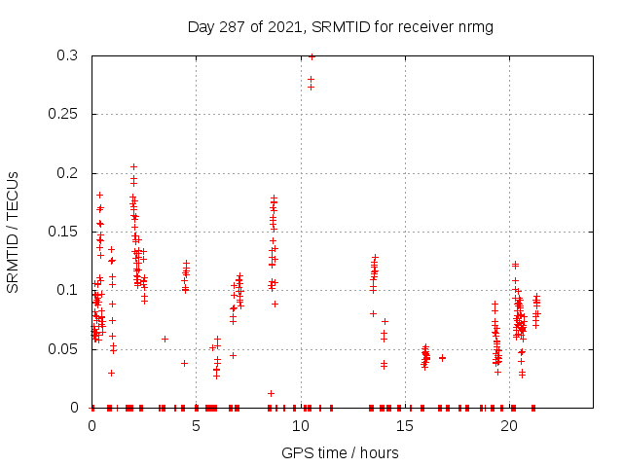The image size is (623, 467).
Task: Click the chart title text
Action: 340,26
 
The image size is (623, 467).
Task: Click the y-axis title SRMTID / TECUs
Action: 13,232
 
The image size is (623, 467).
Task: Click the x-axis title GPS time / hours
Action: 340,452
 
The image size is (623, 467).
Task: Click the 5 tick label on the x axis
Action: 197,426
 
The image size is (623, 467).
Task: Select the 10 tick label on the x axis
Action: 301,426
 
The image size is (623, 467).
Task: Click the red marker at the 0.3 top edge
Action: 311,56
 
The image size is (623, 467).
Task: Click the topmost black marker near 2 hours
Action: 133,166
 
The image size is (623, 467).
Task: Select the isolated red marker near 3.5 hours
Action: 165,339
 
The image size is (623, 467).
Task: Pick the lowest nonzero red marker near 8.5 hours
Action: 271,393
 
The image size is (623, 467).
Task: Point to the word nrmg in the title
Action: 474,26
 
